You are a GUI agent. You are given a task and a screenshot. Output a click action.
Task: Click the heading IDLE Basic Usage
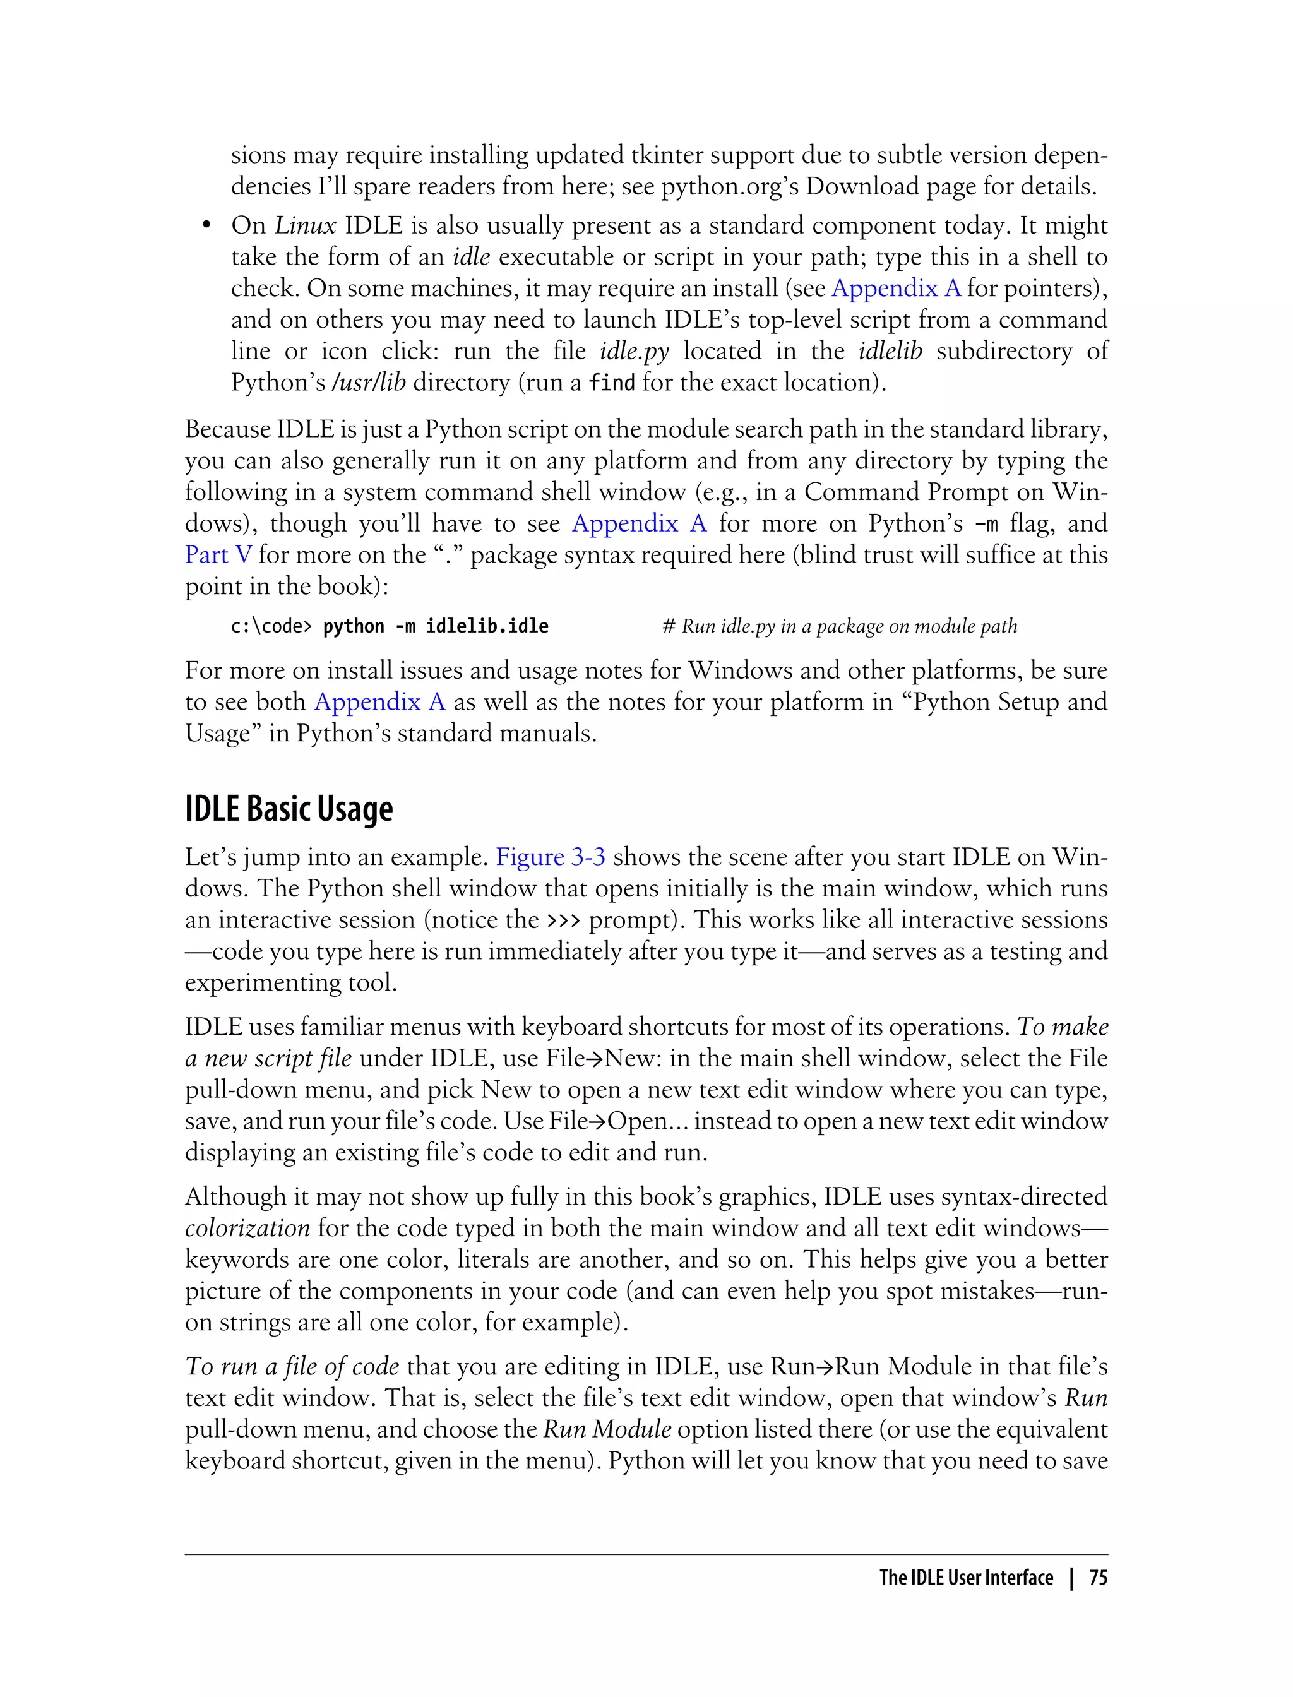pyautogui.click(x=289, y=809)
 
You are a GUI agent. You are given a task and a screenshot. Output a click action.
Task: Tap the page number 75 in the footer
pyautogui.click(x=1099, y=1578)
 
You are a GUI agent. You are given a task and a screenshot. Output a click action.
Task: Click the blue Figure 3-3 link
pyautogui.click(x=551, y=857)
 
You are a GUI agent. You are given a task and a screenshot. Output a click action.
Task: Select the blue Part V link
pyautogui.click(x=218, y=554)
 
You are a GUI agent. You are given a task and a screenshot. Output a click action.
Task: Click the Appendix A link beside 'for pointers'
pyautogui.click(x=896, y=288)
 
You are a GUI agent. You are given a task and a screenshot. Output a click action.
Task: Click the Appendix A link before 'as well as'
pyautogui.click(x=379, y=701)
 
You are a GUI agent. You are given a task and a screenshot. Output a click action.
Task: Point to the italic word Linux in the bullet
pyautogui.click(x=306, y=225)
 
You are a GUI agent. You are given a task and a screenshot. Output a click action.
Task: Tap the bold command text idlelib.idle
pyautogui.click(x=487, y=626)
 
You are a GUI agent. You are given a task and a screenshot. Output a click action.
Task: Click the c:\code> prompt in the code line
pyautogui.click(x=271, y=626)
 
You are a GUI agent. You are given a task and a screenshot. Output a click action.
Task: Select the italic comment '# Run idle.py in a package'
pyautogui.click(x=839, y=626)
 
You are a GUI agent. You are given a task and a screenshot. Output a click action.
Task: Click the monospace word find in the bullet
pyautogui.click(x=612, y=383)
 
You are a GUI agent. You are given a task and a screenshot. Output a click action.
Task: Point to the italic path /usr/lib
pyautogui.click(x=368, y=383)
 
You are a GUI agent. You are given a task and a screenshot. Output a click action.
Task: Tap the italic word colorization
pyautogui.click(x=247, y=1227)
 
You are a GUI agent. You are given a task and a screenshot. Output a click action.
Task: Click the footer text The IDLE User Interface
pyautogui.click(x=965, y=1578)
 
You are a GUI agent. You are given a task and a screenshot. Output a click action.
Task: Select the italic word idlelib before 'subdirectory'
pyautogui.click(x=890, y=351)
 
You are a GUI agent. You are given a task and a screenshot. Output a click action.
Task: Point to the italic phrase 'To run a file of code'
pyautogui.click(x=292, y=1366)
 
